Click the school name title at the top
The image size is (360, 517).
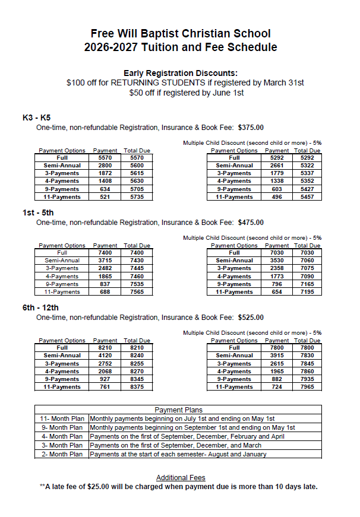coord(180,34)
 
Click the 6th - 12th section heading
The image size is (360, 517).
coord(41,307)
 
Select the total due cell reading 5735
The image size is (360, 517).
coord(137,196)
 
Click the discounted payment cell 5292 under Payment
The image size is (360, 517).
coord(277,158)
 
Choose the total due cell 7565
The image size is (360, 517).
coord(137,291)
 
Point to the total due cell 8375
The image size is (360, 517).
coord(137,387)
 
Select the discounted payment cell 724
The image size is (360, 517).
coord(277,387)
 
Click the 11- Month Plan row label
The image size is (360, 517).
coord(62,418)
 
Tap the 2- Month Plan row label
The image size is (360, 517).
coord(62,454)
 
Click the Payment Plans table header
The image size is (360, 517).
coord(178,410)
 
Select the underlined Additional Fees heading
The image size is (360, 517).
coord(181,478)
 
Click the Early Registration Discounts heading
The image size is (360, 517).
coord(180,72)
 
